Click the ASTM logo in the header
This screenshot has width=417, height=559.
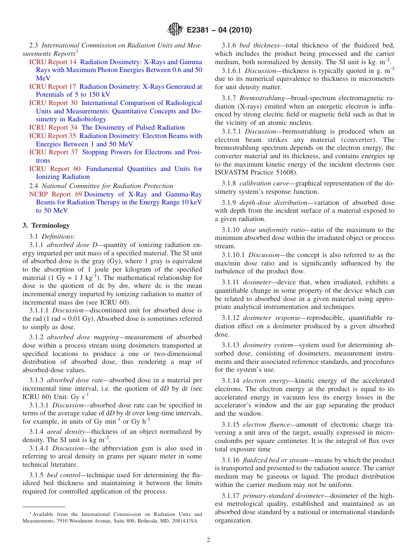(x=175, y=30)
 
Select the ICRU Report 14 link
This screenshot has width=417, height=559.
(x=53, y=62)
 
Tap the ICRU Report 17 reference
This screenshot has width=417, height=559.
(x=53, y=87)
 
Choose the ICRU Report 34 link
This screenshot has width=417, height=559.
(x=53, y=127)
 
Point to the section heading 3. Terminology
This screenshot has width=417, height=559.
(x=46, y=225)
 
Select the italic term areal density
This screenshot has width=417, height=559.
(x=65, y=432)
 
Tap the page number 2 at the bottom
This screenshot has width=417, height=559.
(x=208, y=540)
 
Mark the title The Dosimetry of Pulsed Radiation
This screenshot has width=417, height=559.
(x=133, y=127)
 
